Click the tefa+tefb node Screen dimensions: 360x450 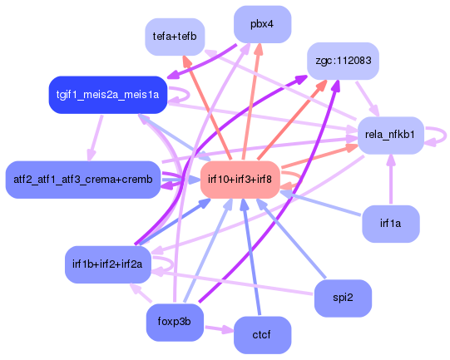click(x=175, y=37)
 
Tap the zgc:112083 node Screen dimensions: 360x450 click(x=343, y=61)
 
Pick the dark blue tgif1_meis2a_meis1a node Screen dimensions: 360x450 click(x=108, y=94)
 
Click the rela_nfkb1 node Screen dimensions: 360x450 click(x=390, y=134)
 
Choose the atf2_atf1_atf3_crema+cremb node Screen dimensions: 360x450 click(x=82, y=179)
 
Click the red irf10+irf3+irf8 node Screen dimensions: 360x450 click(x=240, y=180)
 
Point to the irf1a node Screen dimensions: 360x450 click(x=390, y=224)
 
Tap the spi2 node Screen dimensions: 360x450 click(x=343, y=298)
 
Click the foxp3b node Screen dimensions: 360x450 click(x=175, y=322)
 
